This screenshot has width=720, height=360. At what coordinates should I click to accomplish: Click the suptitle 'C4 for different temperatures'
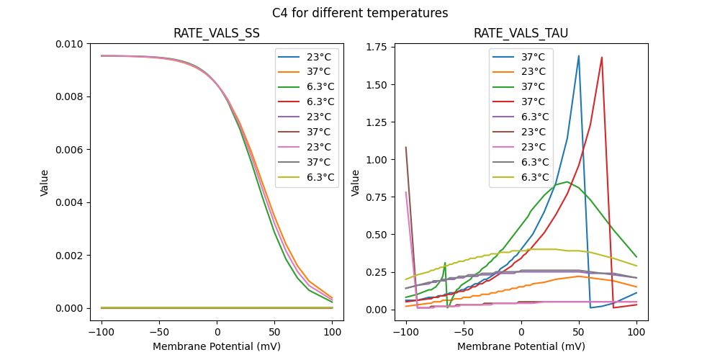click(360, 13)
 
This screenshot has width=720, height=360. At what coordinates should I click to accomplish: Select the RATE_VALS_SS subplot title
click(217, 34)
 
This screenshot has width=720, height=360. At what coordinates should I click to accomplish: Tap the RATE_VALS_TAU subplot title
click(521, 34)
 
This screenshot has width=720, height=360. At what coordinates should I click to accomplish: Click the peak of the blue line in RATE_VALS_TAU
click(579, 55)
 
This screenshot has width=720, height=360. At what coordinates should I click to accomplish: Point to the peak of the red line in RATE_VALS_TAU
click(602, 58)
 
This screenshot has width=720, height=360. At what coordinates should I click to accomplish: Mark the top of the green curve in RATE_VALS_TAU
click(567, 181)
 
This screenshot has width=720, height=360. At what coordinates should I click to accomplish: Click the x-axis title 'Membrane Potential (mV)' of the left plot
click(217, 346)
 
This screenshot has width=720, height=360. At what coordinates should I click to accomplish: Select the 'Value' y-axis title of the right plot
click(356, 183)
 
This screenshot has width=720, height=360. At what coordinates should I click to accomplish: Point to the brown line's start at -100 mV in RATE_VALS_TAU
click(406, 148)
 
